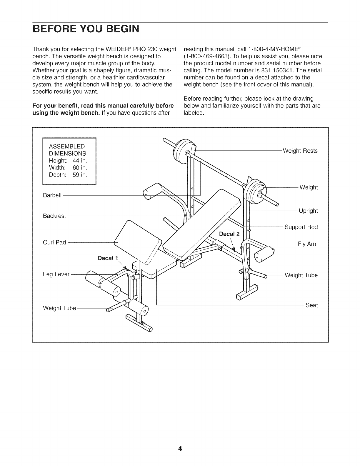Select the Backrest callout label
54,216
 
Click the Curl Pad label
54,243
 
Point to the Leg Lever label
56,274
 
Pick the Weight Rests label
300,151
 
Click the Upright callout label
308,211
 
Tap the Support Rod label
301,227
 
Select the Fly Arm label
308,244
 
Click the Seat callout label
312,305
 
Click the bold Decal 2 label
230,234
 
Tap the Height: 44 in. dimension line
68,161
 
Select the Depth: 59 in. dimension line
68,175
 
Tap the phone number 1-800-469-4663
203,56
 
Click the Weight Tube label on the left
59,308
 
